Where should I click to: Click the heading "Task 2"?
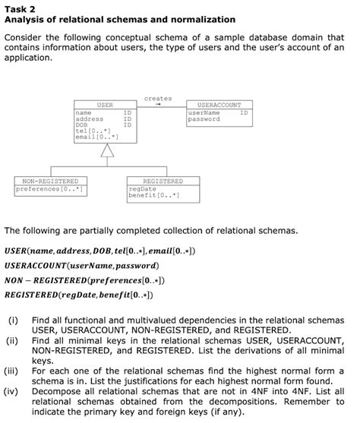coord(21,8)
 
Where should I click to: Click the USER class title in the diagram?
coord(105,105)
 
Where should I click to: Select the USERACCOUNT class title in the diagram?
coord(219,105)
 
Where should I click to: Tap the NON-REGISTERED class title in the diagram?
coord(50,182)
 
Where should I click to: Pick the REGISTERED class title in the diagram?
coord(163,182)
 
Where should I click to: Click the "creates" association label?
coord(158,98)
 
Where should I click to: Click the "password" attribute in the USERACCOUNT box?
coord(204,119)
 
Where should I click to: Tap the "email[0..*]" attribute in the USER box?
coord(93,137)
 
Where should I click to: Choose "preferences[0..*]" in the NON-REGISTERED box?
coord(50,188)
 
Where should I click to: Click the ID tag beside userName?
coord(243,112)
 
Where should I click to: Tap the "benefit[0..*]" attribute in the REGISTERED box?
coord(153,195)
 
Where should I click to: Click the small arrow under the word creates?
coord(158,106)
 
